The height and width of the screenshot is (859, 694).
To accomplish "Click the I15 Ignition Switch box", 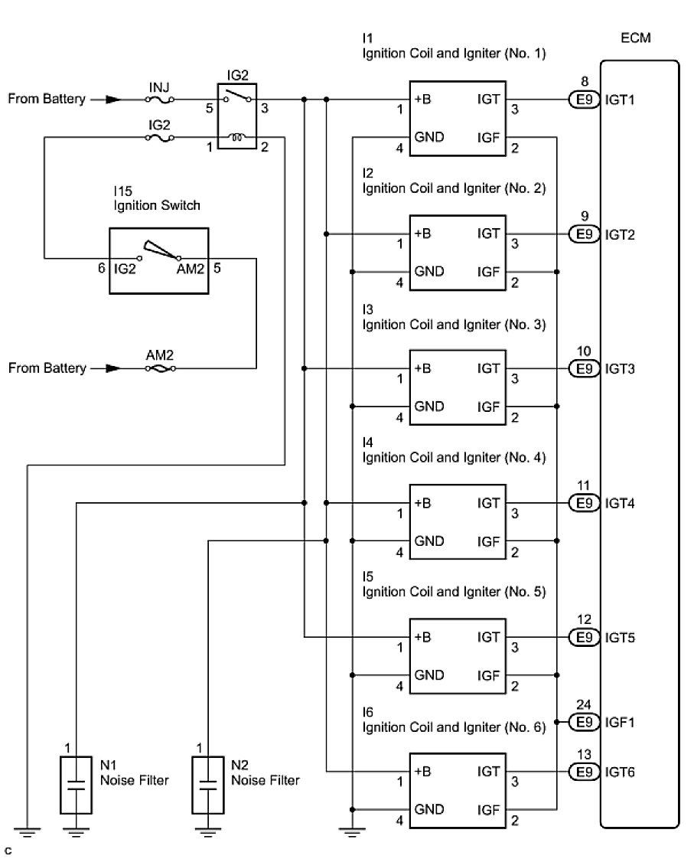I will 159,260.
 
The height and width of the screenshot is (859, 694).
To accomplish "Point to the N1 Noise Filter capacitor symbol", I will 77,784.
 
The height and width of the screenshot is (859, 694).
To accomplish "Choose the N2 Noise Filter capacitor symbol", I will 207,784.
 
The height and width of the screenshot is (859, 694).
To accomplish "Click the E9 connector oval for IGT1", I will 584,100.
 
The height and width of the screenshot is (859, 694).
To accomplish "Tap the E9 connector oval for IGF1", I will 584,721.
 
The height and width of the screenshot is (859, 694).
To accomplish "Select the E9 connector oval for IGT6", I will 584,772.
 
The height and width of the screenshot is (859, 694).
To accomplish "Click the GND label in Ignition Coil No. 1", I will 429,138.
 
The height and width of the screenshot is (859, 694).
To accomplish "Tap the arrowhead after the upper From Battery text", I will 113,100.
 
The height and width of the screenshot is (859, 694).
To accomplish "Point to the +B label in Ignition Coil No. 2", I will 422,234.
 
